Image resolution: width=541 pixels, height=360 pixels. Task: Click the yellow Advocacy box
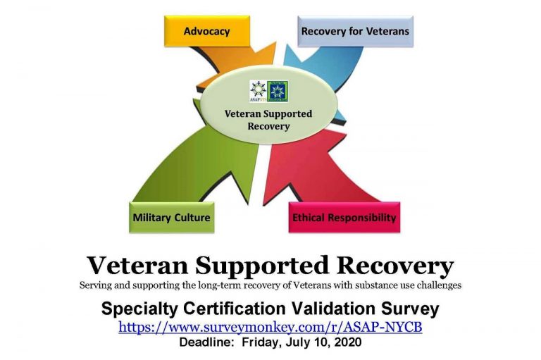207,31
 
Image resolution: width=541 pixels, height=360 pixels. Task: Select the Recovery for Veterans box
355,31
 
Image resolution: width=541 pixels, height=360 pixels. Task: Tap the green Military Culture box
171,218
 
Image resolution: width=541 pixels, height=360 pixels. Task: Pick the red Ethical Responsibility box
344,218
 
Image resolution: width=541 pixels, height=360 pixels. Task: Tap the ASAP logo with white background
258,91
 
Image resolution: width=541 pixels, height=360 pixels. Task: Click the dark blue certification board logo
278,91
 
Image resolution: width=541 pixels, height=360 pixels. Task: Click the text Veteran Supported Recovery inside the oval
268,120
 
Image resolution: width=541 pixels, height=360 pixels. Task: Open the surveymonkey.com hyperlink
270,326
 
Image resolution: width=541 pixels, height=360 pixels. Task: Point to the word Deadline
206,342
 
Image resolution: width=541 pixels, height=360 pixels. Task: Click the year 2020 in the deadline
348,342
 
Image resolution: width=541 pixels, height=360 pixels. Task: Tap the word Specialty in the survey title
140,309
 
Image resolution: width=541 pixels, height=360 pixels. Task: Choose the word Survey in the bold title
410,309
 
